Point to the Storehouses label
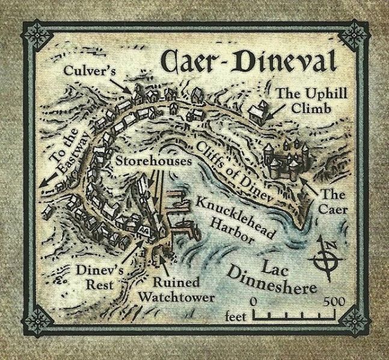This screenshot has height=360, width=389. [x=153, y=162]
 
